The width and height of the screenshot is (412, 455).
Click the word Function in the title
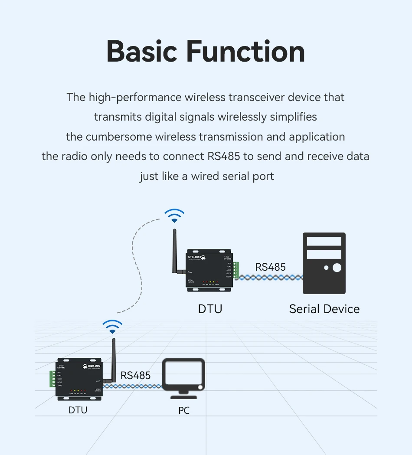tap(245, 52)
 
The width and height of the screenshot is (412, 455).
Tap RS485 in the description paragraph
tap(223, 156)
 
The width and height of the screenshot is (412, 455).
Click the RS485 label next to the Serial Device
tap(270, 267)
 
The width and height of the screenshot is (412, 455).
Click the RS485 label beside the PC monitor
tap(135, 375)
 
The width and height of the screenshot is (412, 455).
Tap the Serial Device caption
tap(324, 309)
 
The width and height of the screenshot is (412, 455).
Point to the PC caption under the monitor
tap(184, 410)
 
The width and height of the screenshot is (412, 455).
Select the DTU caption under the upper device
tap(210, 309)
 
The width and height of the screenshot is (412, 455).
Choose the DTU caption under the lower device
tap(78, 410)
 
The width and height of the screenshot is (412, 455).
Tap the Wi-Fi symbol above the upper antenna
tap(174, 216)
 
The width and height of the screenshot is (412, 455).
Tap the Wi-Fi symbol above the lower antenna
tap(112, 327)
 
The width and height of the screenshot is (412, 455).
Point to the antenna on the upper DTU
tap(177, 252)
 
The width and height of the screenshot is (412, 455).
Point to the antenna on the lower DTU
tap(114, 360)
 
